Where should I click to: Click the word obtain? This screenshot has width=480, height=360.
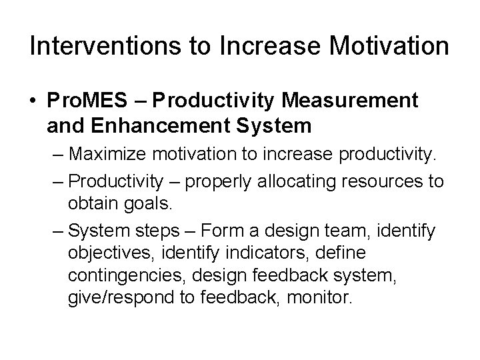tap(90, 201)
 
